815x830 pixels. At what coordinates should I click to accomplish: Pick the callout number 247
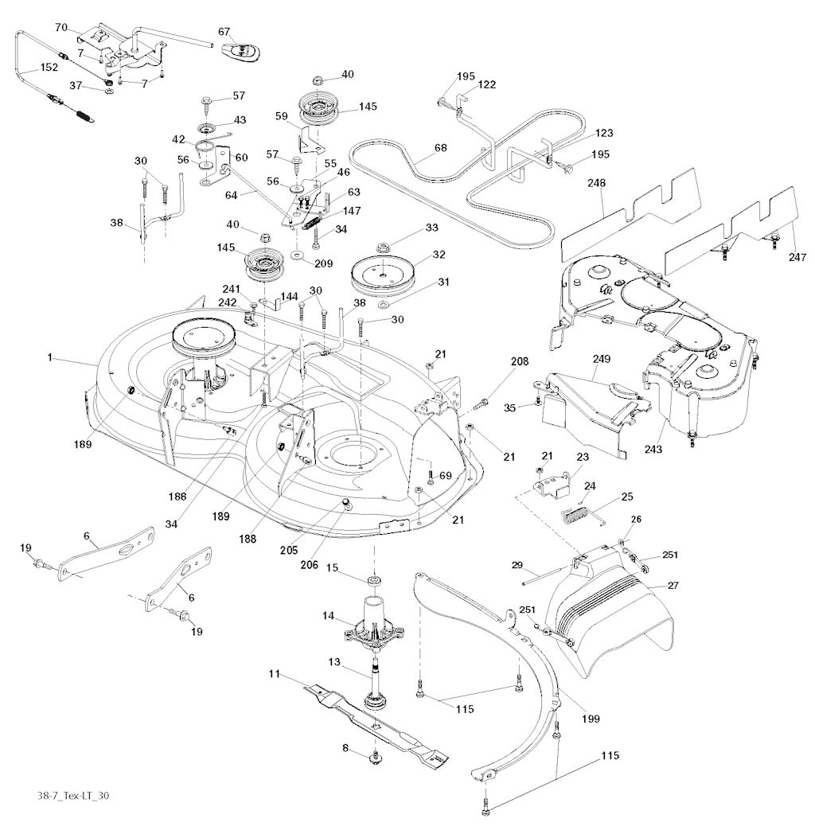[x=797, y=257]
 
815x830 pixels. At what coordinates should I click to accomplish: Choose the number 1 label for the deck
[x=50, y=360]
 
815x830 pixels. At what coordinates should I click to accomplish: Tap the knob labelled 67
[x=241, y=49]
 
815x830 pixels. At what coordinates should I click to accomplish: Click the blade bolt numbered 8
[x=374, y=759]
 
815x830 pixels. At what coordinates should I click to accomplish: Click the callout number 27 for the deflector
[x=673, y=585]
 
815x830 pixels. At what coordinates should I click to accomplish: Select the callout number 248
[x=596, y=183]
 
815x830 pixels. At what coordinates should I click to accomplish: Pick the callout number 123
[x=603, y=133]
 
